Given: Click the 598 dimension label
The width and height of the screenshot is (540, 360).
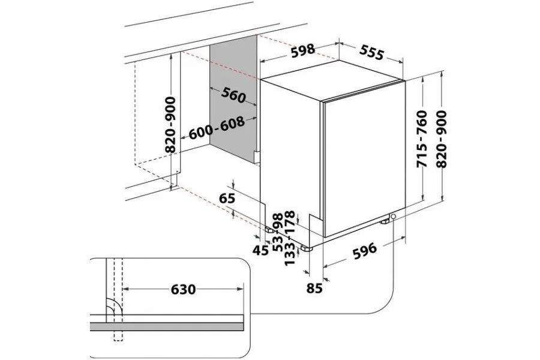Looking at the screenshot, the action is [303, 50].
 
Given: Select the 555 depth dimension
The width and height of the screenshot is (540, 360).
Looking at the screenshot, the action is [371, 52].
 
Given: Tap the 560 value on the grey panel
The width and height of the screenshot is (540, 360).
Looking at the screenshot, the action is [233, 95].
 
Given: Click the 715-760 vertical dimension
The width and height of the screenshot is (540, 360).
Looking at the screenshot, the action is [422, 139].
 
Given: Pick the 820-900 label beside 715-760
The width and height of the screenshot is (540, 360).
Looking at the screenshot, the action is [441, 139].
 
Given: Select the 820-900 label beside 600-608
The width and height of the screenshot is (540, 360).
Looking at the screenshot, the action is [170, 125].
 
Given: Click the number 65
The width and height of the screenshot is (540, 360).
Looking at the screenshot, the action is [227, 199].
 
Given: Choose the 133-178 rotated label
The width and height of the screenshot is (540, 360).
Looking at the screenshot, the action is [290, 238].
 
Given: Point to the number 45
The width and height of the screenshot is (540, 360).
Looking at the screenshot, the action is [260, 250].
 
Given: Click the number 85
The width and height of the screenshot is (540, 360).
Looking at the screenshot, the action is [314, 288].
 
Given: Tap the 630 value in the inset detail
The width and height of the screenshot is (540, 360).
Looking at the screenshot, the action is [183, 289].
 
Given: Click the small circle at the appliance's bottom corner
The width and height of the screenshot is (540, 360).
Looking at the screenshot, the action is [393, 217].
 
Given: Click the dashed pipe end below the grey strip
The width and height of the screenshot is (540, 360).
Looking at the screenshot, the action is [118, 335].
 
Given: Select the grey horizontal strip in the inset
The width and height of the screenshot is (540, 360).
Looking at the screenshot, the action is [167, 326].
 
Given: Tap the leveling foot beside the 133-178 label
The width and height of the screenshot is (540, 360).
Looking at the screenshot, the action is [306, 248].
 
